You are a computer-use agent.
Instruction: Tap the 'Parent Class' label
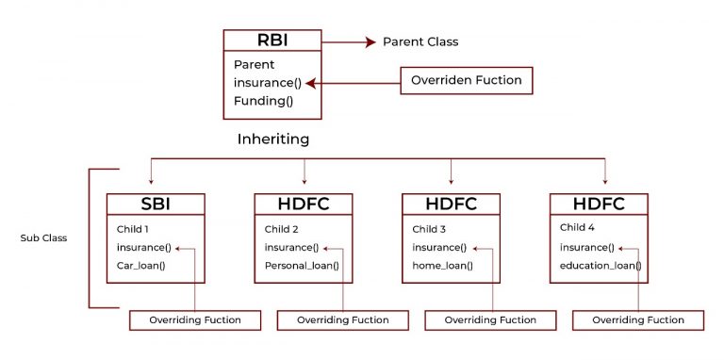pos(420,42)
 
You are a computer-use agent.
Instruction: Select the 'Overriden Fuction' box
pos(467,81)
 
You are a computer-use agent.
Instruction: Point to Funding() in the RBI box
pos(263,101)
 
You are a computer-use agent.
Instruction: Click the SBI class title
pos(155,205)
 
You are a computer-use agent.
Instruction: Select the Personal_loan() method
pos(302,265)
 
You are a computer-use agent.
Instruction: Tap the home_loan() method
pos(443,265)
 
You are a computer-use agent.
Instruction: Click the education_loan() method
pos(601,265)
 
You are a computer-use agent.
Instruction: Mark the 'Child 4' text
pos(579,227)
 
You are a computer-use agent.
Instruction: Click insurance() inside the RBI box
pos(268,83)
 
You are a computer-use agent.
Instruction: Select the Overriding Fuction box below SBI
pos(194,320)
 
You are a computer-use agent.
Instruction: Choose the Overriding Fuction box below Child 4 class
pos(638,320)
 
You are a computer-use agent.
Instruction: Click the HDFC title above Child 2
pos(303,205)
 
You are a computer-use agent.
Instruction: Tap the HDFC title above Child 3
pos(451,205)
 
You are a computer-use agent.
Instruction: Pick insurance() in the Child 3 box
pos(439,247)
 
